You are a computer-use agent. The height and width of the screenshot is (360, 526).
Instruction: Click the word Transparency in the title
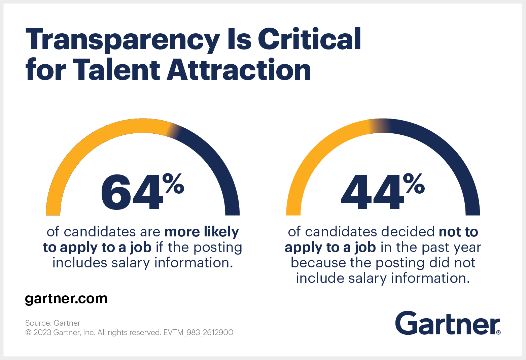tap(122, 40)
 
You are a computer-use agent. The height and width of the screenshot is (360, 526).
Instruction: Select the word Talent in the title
tap(116, 70)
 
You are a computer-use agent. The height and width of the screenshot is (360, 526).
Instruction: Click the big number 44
tap(372, 193)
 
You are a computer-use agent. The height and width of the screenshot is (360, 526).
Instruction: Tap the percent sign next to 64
tap(173, 183)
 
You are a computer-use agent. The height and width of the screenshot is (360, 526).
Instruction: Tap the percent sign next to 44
tap(414, 183)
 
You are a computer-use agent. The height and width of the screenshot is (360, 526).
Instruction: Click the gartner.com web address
tap(66, 299)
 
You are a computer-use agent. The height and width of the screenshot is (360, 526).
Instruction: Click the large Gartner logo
tap(448, 323)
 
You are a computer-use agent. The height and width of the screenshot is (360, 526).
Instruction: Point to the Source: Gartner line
tap(52, 323)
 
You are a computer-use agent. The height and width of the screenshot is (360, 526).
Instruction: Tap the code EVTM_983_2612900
tap(198, 332)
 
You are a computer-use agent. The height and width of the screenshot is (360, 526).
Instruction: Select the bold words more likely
tap(202, 232)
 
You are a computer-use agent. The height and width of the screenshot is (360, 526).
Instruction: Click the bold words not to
tap(458, 232)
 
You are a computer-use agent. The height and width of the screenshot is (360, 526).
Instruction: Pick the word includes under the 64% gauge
tap(79, 263)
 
